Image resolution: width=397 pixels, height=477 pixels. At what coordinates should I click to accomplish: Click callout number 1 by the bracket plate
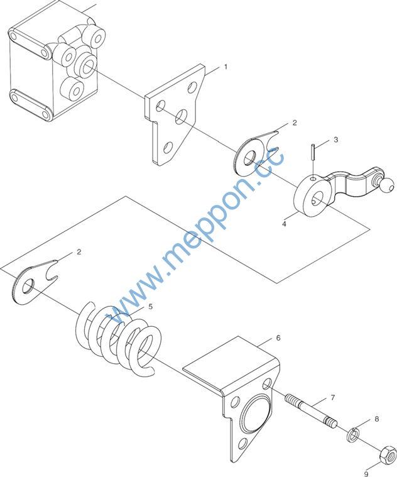226,67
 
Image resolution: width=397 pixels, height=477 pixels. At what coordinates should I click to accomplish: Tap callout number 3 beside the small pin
335,140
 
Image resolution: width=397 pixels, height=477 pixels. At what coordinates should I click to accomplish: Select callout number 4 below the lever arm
284,224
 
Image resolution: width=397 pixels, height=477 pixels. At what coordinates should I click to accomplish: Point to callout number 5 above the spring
151,306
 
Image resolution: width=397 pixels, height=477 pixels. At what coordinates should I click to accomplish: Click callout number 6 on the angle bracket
278,337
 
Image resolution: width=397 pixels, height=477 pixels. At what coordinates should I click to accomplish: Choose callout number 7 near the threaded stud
333,398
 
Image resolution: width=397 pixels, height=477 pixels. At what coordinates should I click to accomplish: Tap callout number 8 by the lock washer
377,419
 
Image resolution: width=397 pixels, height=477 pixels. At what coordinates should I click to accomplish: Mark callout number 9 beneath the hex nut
366,474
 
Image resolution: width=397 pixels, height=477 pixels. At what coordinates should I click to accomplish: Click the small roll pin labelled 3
313,151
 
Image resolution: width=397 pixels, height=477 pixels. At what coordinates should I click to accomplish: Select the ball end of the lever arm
386,185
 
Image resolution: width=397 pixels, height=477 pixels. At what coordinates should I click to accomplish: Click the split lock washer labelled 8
352,435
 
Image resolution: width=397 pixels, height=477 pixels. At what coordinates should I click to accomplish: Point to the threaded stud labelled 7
311,410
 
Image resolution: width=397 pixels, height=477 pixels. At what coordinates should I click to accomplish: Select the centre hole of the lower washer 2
28,286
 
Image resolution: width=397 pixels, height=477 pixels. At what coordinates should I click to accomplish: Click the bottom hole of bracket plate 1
167,147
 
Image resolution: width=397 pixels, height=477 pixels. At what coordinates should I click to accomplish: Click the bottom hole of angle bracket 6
242,444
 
